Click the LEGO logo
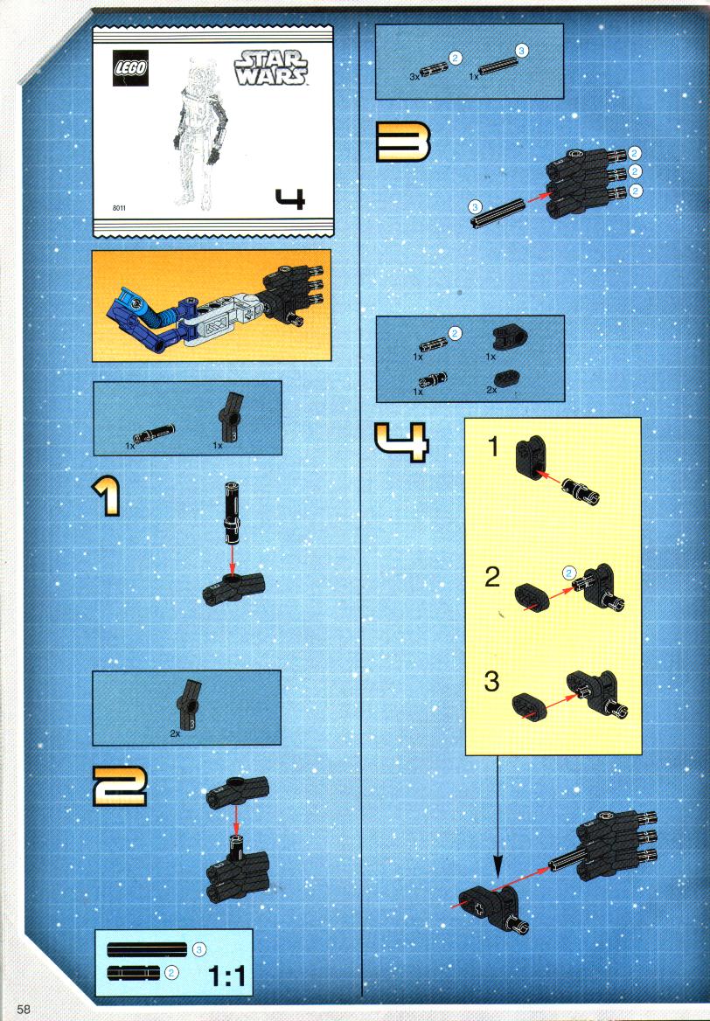pos(131,67)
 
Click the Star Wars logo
pos(270,68)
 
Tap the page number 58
pos(24,1009)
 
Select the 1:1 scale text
pos(226,976)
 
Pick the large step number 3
pos(403,142)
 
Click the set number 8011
pos(119,208)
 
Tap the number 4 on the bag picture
pos(290,198)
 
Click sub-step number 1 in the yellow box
pos(493,448)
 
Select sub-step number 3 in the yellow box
pos(491,681)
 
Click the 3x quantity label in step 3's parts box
pos(414,77)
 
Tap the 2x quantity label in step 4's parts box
pos(491,389)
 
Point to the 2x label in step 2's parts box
pos(175,733)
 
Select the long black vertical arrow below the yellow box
pos(497,817)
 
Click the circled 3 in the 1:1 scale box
pos(199,950)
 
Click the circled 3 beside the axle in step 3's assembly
pos(476,208)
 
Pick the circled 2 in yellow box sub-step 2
pos(569,573)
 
